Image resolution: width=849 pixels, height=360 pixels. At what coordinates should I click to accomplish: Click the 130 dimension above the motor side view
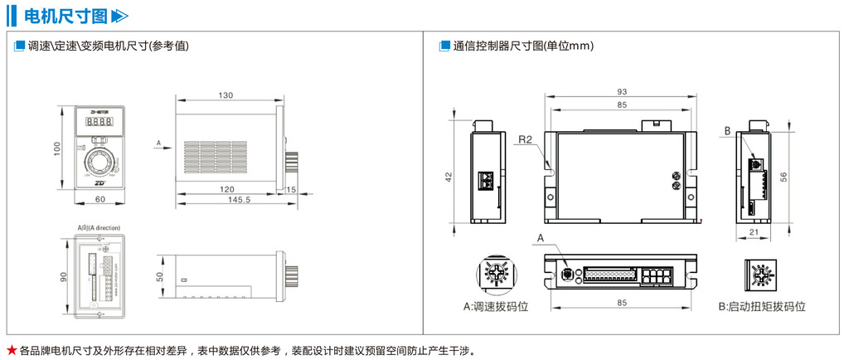pos(226,95)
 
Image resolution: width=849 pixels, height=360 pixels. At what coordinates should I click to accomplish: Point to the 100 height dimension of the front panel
pos(57,148)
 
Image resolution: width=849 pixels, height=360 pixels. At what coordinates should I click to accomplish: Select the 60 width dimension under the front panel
pos(99,200)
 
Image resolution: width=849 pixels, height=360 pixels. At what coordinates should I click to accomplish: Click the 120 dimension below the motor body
pos(226,190)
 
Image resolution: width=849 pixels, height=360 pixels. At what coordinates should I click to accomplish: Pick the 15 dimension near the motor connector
pos(291,190)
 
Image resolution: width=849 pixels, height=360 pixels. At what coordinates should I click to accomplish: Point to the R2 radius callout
pos(524,139)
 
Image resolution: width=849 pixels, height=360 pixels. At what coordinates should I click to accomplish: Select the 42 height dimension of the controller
pos(449,177)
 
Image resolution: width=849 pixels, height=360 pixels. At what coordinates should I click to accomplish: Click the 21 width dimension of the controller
pos(753,233)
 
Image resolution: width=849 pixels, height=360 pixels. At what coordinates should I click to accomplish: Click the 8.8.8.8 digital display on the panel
pos(99,123)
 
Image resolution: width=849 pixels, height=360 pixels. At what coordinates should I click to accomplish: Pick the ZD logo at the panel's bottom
pos(100,184)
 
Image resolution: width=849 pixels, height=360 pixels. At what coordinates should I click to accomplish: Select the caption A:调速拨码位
pos(497,306)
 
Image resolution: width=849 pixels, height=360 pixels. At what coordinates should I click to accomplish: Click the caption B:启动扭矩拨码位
pos(761,306)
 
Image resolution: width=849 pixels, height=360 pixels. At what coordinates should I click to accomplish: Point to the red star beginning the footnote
pos(11,349)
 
